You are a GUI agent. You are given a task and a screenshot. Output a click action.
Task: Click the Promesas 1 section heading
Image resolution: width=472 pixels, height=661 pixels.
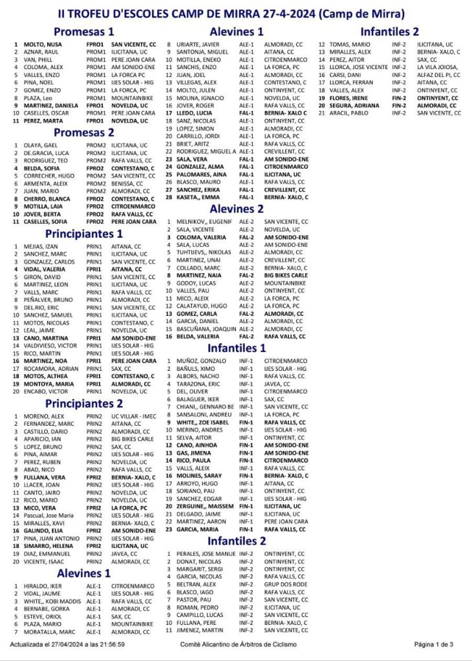83,31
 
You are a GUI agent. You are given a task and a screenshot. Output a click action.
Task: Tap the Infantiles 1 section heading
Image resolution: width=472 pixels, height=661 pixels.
237,348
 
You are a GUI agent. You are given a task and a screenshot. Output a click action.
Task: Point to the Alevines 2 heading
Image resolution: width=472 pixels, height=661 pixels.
237,209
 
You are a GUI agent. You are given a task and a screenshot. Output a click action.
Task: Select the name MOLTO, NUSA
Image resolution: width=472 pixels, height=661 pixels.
43,44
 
